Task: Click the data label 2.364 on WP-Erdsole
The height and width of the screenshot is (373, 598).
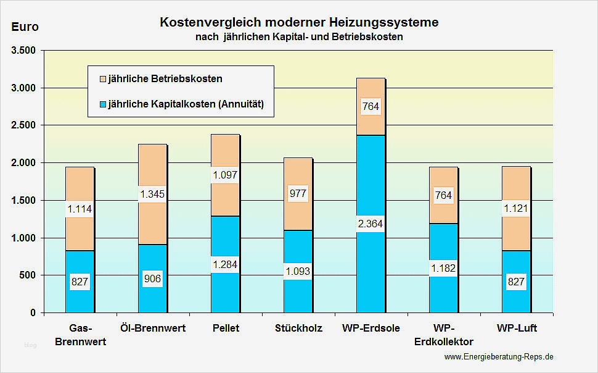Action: (371, 224)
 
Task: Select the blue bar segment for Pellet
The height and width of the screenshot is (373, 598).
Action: (225, 290)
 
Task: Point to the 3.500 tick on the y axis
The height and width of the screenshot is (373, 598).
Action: (24, 50)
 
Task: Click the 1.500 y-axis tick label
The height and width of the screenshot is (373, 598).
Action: (24, 200)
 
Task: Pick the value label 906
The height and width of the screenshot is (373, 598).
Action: (152, 279)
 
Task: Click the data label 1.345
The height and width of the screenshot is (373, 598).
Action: (152, 195)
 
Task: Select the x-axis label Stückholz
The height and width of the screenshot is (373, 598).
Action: (298, 328)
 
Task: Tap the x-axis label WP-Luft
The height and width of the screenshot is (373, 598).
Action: (516, 328)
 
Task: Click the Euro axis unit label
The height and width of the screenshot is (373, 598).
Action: (25, 27)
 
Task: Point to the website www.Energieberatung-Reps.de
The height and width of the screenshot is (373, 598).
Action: (498, 356)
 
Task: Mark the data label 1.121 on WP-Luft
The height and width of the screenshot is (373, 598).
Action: (516, 209)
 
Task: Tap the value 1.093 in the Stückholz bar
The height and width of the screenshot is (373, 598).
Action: (298, 270)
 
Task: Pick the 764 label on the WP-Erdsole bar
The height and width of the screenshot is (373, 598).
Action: (371, 106)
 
